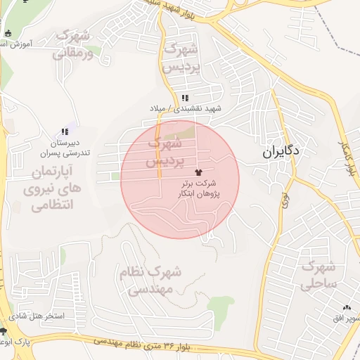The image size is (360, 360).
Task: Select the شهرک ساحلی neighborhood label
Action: pos(320,275)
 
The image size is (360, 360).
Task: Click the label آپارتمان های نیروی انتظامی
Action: pos(54,188)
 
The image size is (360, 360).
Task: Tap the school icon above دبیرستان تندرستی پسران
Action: pos(65,131)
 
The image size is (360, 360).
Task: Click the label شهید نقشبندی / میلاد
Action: pos(185,109)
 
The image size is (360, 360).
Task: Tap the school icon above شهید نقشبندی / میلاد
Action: pos(185,98)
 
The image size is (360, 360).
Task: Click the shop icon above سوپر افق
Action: pos(347,308)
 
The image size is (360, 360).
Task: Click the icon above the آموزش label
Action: pos(8,33)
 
